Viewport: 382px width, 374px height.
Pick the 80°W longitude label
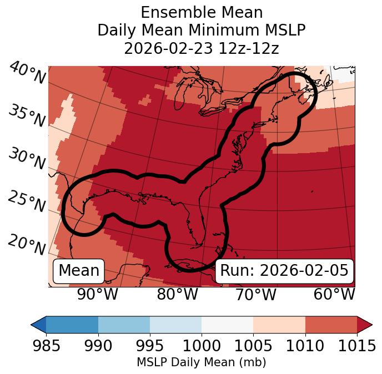tap(178, 295)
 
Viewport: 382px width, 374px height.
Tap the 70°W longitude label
tap(255, 295)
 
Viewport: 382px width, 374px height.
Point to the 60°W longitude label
tap(334, 295)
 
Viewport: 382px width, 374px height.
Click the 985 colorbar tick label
tap(46, 346)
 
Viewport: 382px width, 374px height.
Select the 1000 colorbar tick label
tap(201, 346)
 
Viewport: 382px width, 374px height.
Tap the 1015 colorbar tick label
tap(356, 346)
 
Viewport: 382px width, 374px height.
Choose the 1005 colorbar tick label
tap(253, 346)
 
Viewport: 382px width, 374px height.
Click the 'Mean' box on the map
tap(79, 271)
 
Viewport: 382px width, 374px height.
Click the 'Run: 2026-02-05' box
tap(284, 271)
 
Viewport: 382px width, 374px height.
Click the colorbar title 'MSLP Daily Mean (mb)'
tap(201, 363)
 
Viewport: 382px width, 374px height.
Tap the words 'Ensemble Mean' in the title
tap(201, 12)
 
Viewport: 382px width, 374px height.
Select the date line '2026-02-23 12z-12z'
tap(201, 48)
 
